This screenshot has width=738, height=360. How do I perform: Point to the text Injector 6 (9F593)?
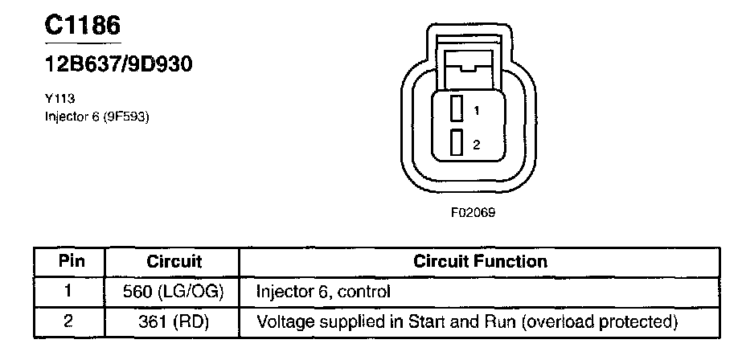tap(97, 117)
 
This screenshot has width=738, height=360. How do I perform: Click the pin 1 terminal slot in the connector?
tap(456, 108)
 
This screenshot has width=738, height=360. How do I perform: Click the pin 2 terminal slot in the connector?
tap(456, 143)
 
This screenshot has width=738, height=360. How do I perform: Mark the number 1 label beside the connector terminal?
tap(476, 108)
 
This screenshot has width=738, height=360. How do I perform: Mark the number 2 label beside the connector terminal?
tap(476, 145)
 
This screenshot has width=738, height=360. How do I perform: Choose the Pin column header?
tap(70, 262)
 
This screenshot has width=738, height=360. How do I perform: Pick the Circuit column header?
tap(174, 262)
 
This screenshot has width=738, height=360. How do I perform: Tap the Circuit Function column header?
tap(480, 262)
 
